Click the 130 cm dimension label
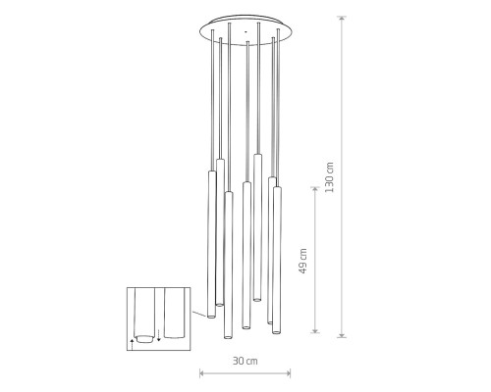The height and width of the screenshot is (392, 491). [330, 177]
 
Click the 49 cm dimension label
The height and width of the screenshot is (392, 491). [303, 261]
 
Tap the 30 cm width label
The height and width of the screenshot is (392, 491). [245, 361]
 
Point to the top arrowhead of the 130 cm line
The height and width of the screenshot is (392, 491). [342, 19]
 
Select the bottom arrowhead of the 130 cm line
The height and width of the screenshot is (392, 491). [342, 334]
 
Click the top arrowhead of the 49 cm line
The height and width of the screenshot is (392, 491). [315, 190]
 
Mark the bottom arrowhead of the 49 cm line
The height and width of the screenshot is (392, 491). [315, 330]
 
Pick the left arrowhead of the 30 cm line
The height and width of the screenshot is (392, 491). [202, 372]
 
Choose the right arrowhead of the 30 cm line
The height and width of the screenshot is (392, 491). [288, 372]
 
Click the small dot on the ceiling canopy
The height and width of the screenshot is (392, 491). [245, 32]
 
